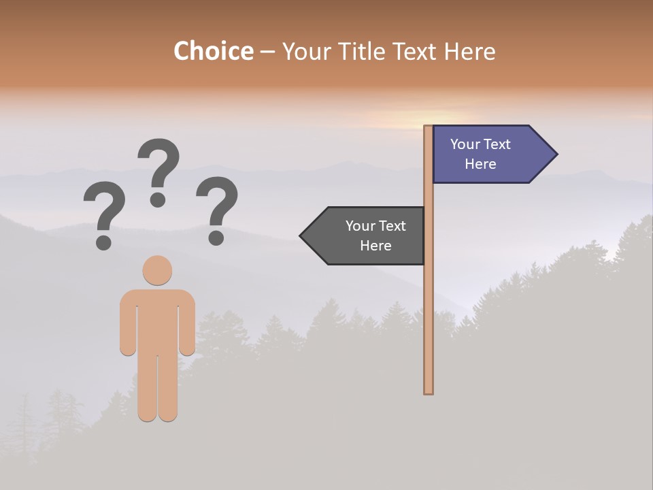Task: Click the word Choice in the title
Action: [213, 51]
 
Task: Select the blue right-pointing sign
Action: [487, 154]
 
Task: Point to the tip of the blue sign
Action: [556, 154]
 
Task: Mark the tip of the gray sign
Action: [301, 236]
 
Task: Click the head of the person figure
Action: [157, 270]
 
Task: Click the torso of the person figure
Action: [157, 320]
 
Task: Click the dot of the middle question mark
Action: [158, 199]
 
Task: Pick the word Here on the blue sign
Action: [480, 164]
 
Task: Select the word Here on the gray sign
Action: [375, 246]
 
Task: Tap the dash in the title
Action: [267, 52]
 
